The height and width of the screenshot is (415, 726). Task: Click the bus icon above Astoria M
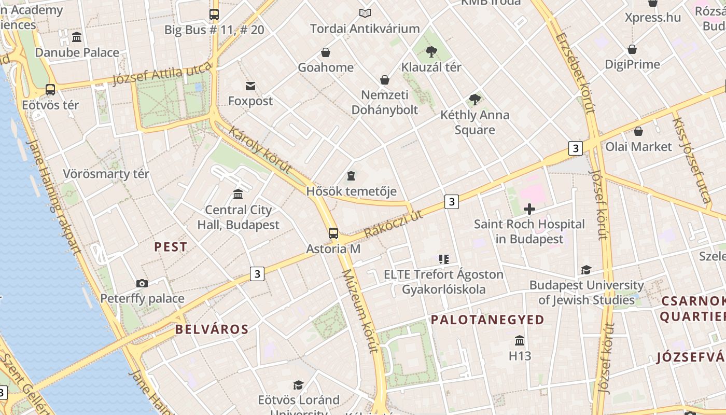click(x=333, y=233)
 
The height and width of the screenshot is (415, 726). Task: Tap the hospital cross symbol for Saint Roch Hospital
click(x=529, y=209)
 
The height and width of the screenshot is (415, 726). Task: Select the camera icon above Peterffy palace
click(x=142, y=283)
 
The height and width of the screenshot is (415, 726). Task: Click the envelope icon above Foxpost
click(x=250, y=86)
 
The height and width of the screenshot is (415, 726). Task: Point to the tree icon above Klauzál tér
click(x=431, y=51)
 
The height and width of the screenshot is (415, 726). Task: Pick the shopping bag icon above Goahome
click(x=326, y=52)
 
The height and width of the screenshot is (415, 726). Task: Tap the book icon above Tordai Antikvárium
click(x=365, y=13)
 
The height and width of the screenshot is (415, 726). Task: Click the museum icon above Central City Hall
click(x=238, y=194)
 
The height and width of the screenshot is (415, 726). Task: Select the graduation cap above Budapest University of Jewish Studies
click(x=586, y=270)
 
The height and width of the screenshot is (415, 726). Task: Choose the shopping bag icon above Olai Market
click(x=638, y=131)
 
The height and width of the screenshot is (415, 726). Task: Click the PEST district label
click(x=171, y=247)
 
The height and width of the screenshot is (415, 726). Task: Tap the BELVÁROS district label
click(x=212, y=329)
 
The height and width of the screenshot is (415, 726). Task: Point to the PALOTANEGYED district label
click(x=487, y=320)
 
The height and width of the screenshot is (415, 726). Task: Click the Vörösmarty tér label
click(x=106, y=174)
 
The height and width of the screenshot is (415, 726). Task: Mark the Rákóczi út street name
click(x=394, y=224)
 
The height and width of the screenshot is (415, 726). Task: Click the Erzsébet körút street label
click(x=575, y=73)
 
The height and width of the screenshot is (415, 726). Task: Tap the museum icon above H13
click(x=520, y=340)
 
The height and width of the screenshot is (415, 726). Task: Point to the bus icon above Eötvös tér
click(x=50, y=89)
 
